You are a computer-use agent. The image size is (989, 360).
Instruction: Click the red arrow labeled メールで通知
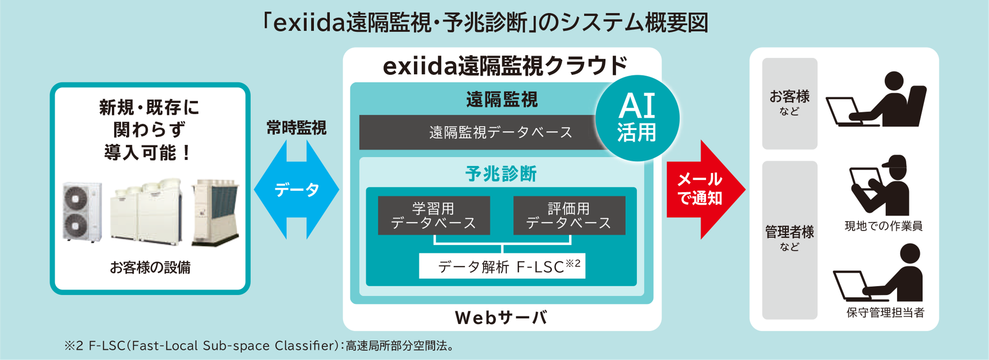706,190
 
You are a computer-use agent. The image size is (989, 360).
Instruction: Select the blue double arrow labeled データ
296,190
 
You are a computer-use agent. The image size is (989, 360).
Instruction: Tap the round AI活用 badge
637,118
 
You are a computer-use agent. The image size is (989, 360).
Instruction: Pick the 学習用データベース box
434,215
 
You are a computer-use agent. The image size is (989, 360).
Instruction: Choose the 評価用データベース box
569,215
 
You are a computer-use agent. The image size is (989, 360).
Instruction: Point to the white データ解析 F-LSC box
502,266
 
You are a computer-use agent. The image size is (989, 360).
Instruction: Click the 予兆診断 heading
501,174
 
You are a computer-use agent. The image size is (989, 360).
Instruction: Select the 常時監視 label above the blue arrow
296,128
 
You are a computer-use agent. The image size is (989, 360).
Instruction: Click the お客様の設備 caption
150,268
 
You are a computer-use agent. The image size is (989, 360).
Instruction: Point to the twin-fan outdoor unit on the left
82,212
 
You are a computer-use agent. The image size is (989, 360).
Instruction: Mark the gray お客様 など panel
790,104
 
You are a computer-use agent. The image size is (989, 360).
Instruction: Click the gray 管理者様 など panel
790,240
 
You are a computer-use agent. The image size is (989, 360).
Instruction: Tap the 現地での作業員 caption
883,226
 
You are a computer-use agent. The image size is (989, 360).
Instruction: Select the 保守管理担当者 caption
885,313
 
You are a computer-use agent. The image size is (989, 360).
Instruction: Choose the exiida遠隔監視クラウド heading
505,66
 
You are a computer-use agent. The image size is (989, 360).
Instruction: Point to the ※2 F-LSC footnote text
259,346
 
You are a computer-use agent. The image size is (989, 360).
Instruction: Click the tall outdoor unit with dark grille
216,212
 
